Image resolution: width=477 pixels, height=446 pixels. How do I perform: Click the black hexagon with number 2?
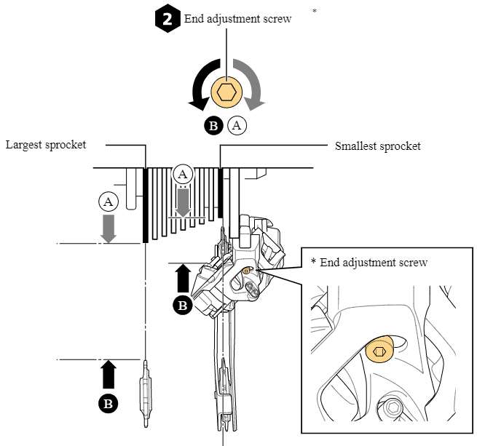click(x=167, y=19)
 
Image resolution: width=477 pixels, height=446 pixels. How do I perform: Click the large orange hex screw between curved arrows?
click(x=228, y=92)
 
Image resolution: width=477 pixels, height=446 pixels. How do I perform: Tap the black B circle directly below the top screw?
click(x=214, y=125)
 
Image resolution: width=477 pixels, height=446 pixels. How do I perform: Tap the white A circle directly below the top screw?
click(x=237, y=125)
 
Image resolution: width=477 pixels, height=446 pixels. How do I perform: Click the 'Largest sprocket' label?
click(x=46, y=145)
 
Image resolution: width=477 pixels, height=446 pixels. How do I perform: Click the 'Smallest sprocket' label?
click(x=377, y=146)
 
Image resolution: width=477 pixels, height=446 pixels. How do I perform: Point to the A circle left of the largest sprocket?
click(x=109, y=202)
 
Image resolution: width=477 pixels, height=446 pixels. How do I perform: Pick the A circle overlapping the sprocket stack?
click(x=183, y=175)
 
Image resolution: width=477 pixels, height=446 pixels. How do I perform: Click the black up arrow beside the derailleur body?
click(x=183, y=279)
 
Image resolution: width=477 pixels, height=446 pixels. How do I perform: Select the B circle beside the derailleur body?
click(x=183, y=306)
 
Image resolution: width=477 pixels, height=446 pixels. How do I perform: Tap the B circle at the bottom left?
click(x=109, y=402)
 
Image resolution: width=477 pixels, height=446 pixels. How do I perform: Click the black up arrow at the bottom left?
click(x=109, y=375)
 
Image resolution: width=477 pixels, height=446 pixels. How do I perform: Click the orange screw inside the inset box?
click(x=379, y=351)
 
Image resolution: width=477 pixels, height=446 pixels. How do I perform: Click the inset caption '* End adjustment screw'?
click(x=369, y=262)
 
